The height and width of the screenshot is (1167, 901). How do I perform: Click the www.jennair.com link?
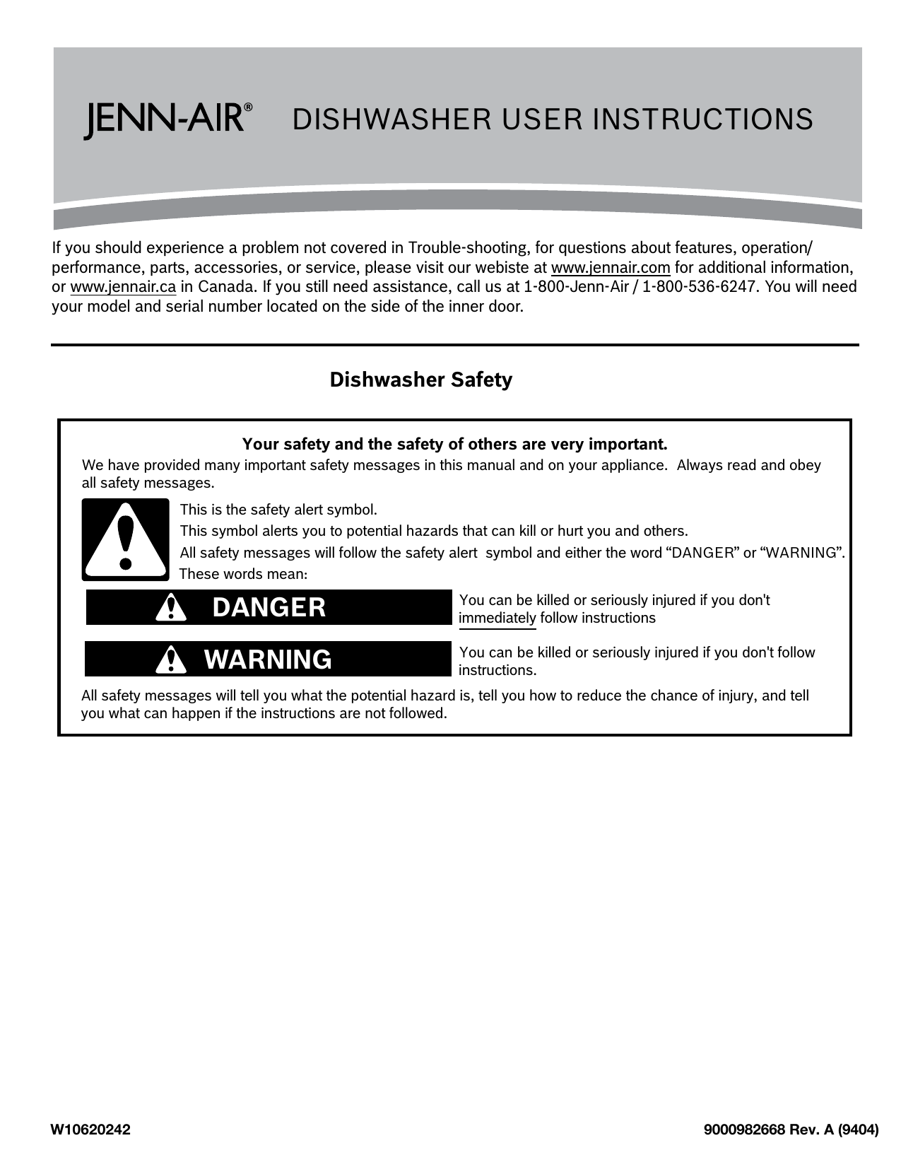pyautogui.click(x=610, y=268)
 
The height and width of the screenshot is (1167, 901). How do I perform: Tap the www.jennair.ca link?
pyautogui.click(x=123, y=288)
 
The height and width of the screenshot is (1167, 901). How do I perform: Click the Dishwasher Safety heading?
pyautogui.click(x=421, y=380)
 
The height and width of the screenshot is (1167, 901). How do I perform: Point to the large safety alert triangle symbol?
pyautogui.click(x=126, y=539)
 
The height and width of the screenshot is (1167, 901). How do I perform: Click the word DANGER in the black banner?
pyautogui.click(x=269, y=607)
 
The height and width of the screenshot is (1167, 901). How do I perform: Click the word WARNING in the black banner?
pyautogui.click(x=268, y=659)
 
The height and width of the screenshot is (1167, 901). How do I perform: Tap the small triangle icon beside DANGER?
pyautogui.click(x=170, y=608)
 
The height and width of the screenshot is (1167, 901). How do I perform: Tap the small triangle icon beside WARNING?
pyautogui.click(x=170, y=659)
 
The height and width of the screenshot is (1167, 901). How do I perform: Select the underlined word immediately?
pyautogui.click(x=497, y=618)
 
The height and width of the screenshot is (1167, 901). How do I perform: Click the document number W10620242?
pyautogui.click(x=90, y=1130)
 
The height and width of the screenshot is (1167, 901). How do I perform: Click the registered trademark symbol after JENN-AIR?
pyautogui.click(x=248, y=108)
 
